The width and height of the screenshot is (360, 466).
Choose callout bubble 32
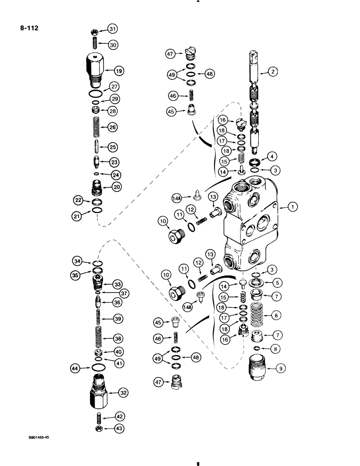tap(123, 393)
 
